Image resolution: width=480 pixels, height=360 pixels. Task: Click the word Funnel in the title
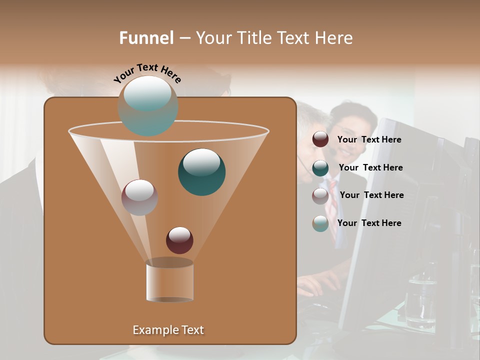tap(146, 38)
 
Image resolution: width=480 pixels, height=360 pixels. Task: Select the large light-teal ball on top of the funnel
tap(148, 105)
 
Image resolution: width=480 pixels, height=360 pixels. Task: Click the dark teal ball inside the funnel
tap(202, 172)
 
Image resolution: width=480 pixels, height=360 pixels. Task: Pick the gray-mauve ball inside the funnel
tap(139, 197)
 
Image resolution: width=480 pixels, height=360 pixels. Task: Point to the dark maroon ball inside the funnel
tap(179, 240)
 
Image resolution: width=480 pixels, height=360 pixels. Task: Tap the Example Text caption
tap(168, 330)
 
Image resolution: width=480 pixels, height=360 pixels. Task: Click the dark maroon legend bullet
tap(320, 139)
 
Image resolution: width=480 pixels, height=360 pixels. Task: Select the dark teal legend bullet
tap(320, 168)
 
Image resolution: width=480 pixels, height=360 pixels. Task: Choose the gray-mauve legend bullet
tap(320, 196)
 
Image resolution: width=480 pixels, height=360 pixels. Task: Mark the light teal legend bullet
tap(320, 223)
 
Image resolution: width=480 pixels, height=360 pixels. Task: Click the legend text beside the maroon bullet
tap(369, 140)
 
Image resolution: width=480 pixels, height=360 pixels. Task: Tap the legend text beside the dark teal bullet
tap(370, 168)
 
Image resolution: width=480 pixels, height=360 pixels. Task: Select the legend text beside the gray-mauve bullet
tap(371, 195)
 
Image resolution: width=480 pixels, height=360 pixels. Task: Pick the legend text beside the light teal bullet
tap(369, 223)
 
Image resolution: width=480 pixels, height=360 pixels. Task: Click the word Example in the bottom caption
tap(154, 330)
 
